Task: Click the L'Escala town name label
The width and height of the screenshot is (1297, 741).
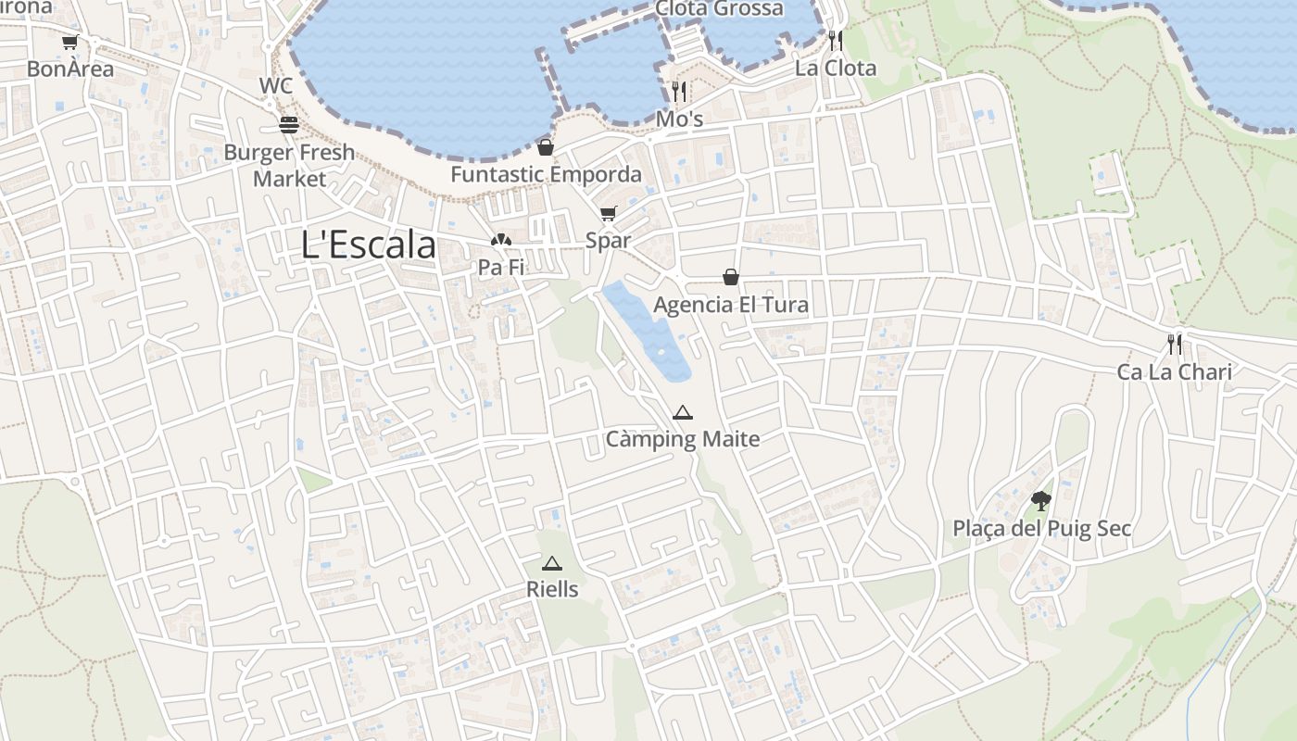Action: (x=369, y=245)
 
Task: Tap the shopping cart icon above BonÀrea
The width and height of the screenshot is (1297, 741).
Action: (x=69, y=43)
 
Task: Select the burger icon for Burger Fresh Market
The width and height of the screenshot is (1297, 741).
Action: (x=289, y=125)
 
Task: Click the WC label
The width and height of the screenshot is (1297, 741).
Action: (x=276, y=86)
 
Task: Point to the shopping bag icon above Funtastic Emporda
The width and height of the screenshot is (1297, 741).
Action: (x=546, y=147)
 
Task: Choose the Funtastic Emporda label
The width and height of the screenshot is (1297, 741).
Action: (x=546, y=174)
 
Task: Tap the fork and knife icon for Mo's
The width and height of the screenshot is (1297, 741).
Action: (x=679, y=91)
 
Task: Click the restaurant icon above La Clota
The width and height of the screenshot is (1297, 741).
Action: (x=836, y=40)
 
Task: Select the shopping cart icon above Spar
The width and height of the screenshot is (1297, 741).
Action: (x=608, y=214)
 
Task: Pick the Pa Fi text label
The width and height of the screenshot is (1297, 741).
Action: (x=501, y=268)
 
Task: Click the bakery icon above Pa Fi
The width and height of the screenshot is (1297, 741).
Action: (x=500, y=241)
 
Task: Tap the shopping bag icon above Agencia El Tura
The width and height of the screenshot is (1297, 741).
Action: (x=731, y=277)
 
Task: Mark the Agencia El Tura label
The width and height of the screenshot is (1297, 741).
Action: (x=731, y=305)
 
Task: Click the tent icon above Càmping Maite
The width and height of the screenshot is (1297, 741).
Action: (x=683, y=412)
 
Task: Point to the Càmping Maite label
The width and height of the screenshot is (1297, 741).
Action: (x=683, y=439)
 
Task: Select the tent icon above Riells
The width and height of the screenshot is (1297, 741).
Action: (x=552, y=563)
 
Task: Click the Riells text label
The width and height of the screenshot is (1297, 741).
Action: (x=552, y=589)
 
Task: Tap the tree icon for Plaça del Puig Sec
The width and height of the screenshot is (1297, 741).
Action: (x=1041, y=502)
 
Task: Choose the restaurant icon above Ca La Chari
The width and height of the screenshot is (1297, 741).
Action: (x=1175, y=345)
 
